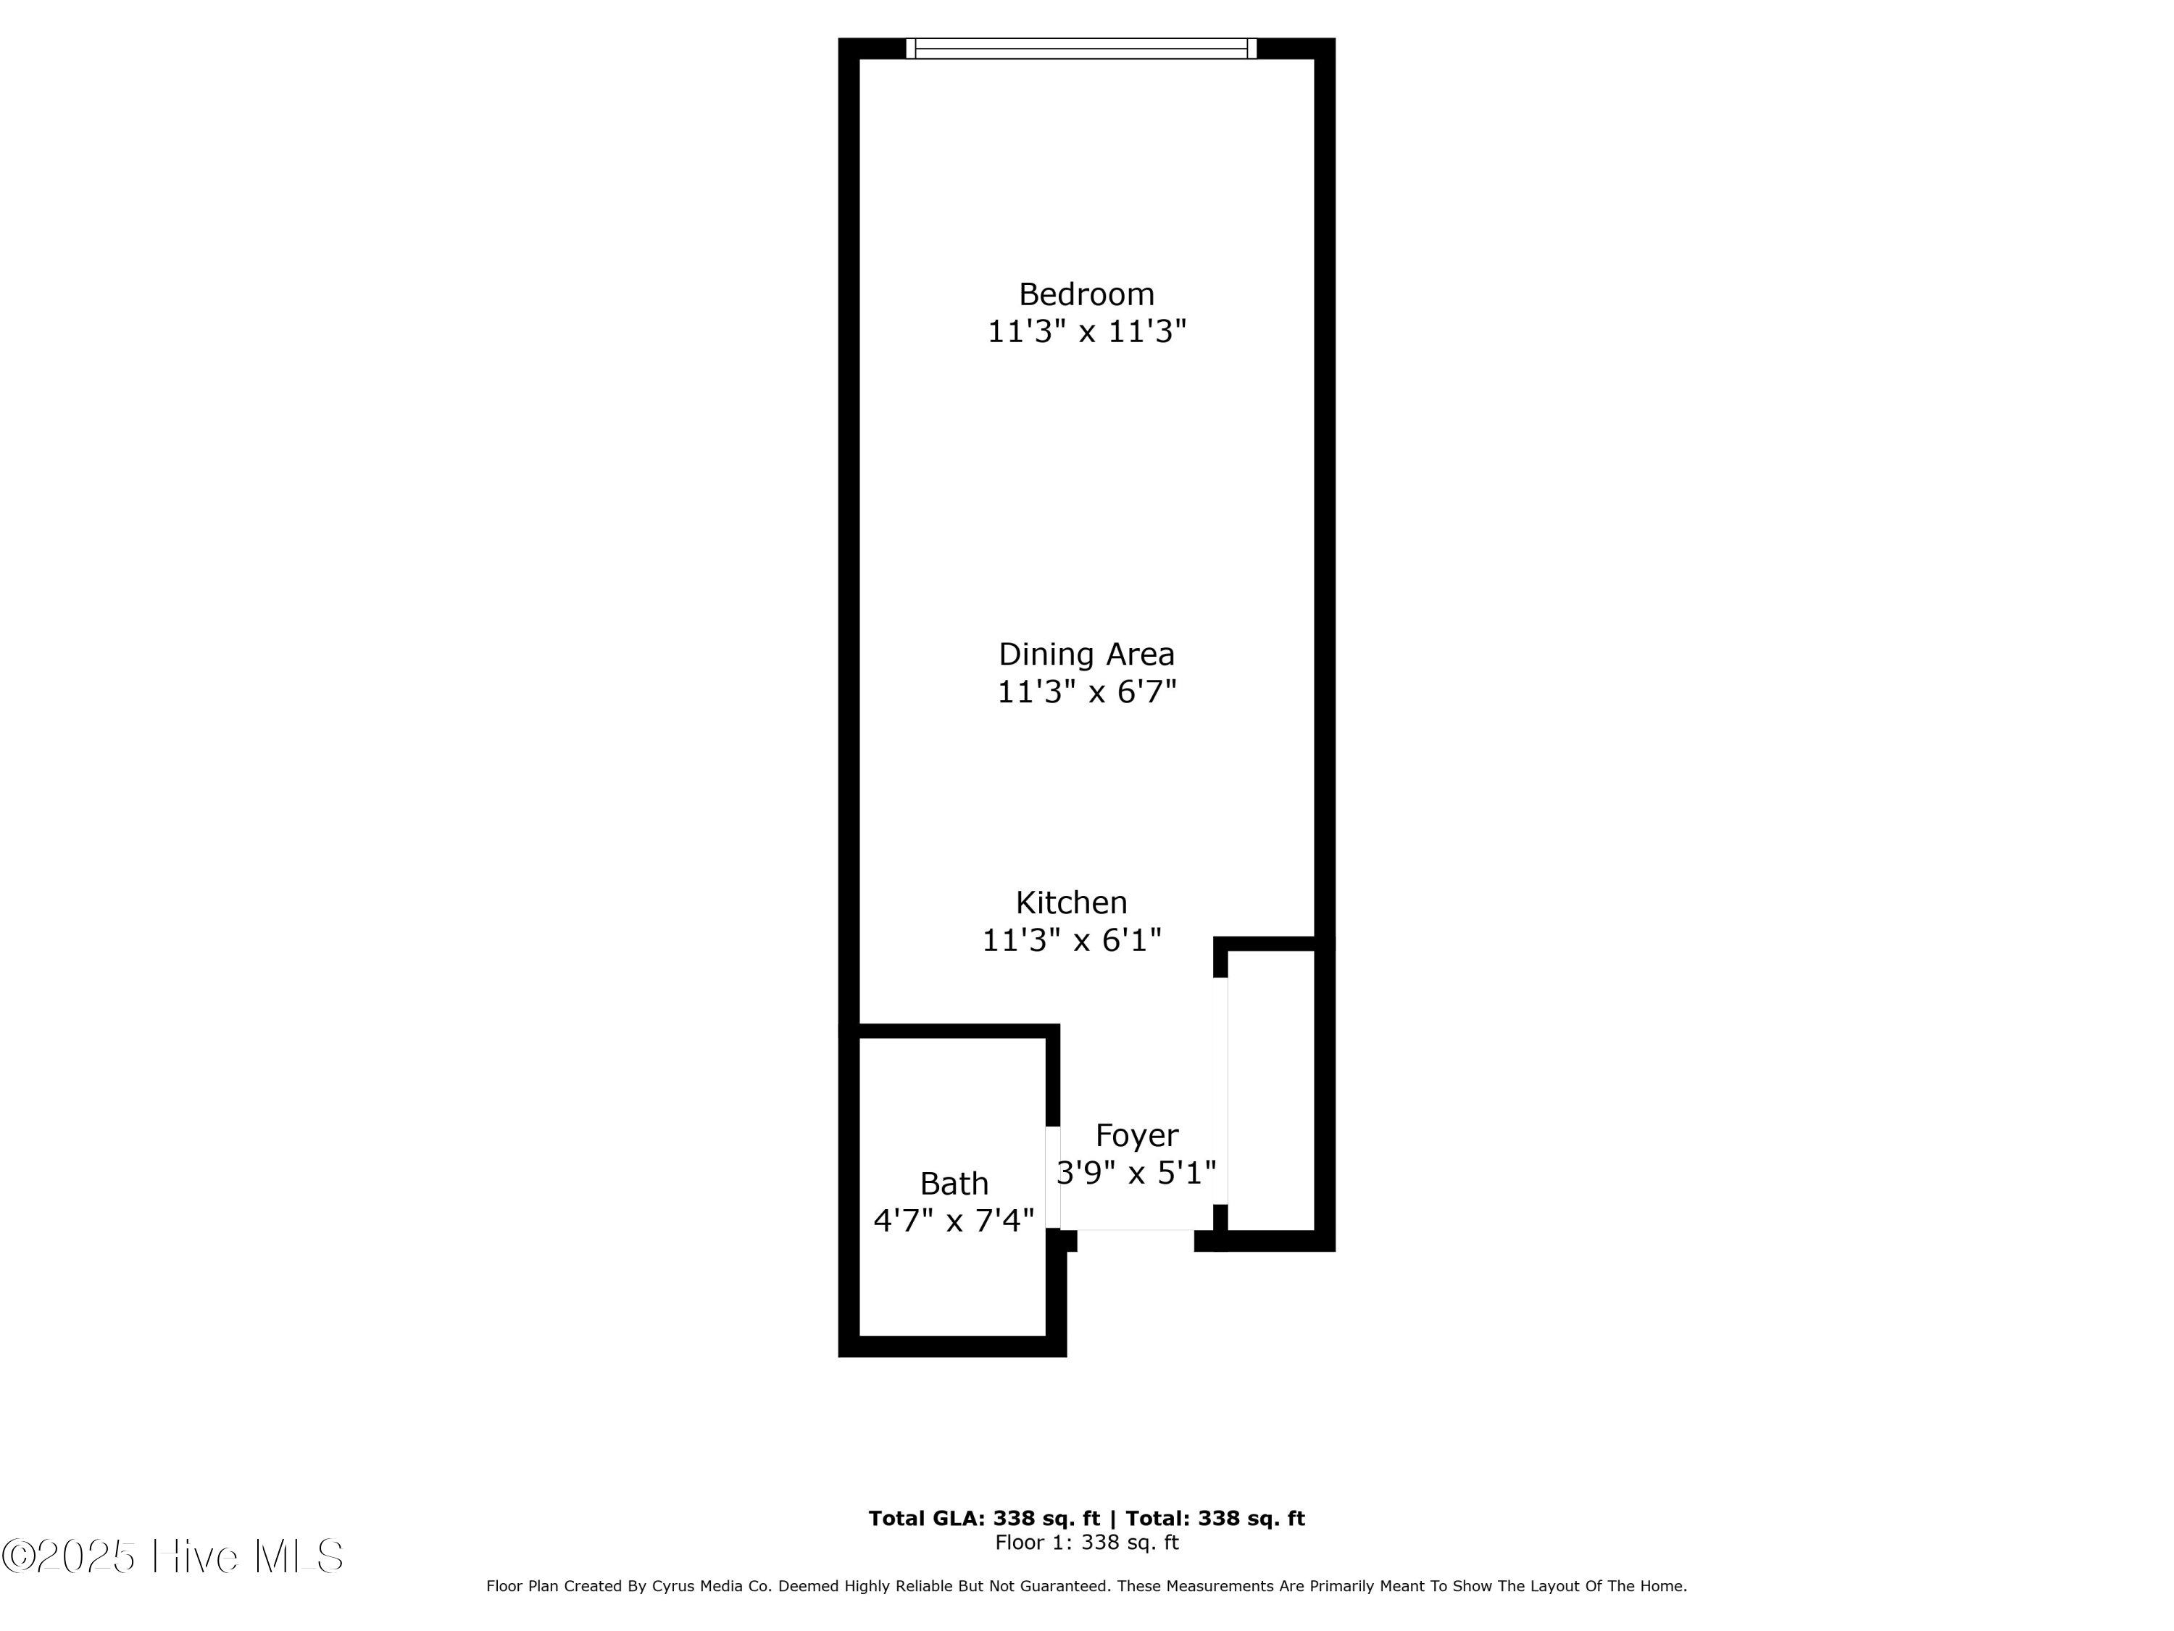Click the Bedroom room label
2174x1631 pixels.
click(x=1086, y=294)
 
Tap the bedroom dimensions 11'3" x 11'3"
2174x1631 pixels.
click(x=1086, y=332)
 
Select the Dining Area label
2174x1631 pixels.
click(x=1086, y=654)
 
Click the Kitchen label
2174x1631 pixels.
click(x=1071, y=902)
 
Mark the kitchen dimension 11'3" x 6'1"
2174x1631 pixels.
click(x=1071, y=941)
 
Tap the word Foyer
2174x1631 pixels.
click(x=1136, y=1134)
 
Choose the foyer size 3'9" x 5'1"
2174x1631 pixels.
click(x=1136, y=1173)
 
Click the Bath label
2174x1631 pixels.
click(x=954, y=1183)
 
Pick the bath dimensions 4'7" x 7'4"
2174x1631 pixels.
click(x=954, y=1221)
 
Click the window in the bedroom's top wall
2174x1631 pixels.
click(x=1081, y=48)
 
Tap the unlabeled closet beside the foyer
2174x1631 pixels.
click(x=1271, y=1090)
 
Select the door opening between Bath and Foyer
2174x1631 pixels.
click(x=1053, y=1176)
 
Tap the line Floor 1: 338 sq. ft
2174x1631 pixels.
click(x=1086, y=1543)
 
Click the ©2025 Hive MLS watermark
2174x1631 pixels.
click(x=172, y=1556)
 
